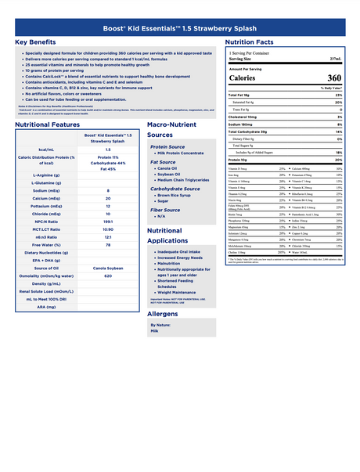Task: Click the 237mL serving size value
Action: [335, 59]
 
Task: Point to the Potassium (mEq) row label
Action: [45, 205]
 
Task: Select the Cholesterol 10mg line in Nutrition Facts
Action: [247, 117]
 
